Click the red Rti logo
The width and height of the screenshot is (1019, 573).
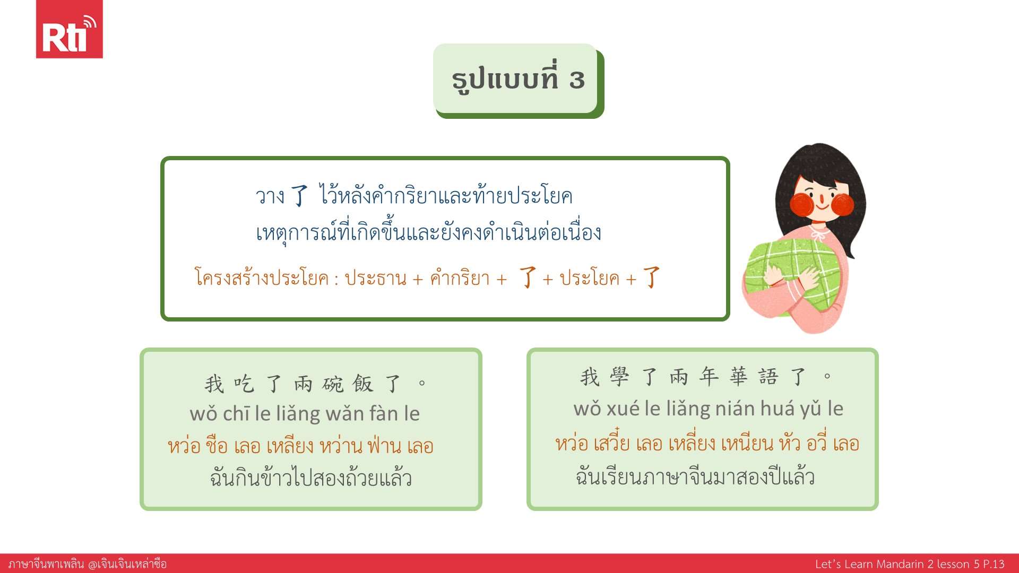tap(69, 29)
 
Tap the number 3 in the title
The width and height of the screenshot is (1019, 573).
tap(577, 80)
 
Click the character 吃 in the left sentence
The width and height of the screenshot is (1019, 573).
tap(244, 383)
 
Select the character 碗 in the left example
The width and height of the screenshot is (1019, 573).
tap(333, 383)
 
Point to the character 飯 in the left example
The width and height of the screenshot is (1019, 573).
tap(363, 383)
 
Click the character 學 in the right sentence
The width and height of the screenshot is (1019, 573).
tap(619, 377)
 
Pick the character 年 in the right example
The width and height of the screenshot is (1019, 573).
tap(709, 377)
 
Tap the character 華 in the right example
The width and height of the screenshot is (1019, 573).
tap(738, 377)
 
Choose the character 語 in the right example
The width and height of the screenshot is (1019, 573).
tap(768, 377)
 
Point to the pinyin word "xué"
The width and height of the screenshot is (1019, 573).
tap(623, 408)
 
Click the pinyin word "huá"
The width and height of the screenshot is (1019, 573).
tap(778, 408)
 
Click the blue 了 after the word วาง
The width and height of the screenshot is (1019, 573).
tap(300, 195)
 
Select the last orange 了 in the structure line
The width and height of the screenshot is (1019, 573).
tap(651, 277)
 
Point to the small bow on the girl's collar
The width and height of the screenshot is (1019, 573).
tap(821, 232)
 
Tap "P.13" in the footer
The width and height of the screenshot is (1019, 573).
tap(991, 563)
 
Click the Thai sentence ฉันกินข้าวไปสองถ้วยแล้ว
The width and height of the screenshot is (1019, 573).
tap(311, 478)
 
